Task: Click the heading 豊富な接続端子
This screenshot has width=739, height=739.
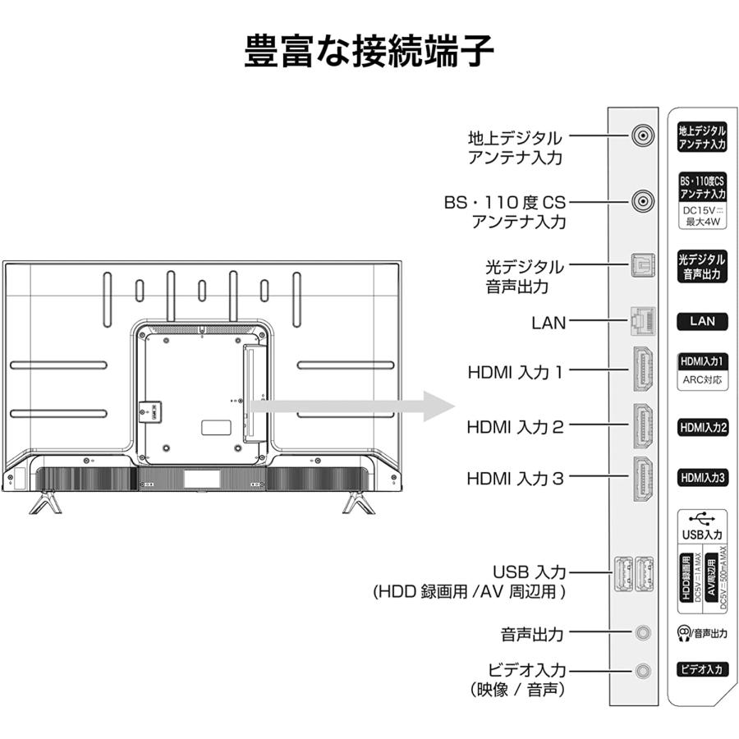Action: coord(369,52)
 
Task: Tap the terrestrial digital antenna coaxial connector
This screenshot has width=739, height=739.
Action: coord(643,136)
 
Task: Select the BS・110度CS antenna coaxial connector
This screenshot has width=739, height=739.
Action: coord(643,200)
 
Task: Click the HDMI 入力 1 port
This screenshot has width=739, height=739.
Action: coord(642,372)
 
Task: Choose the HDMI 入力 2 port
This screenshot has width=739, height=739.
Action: coord(642,426)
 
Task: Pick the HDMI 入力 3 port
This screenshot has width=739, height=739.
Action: coord(642,478)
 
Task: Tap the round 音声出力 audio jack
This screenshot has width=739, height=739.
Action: coord(643,633)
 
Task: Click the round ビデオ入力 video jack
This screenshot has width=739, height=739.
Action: coord(643,671)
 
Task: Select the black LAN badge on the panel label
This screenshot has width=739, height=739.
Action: coord(702,321)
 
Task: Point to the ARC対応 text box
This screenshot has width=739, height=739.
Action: coord(702,381)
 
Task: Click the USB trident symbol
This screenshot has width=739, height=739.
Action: coord(702,519)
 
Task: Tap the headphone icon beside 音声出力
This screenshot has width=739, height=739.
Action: coord(682,633)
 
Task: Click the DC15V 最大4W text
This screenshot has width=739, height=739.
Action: coord(702,216)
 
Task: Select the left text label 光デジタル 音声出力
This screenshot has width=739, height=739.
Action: coord(524,277)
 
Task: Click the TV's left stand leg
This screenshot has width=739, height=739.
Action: coord(45,501)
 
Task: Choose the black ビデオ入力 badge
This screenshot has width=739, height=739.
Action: coord(702,669)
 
